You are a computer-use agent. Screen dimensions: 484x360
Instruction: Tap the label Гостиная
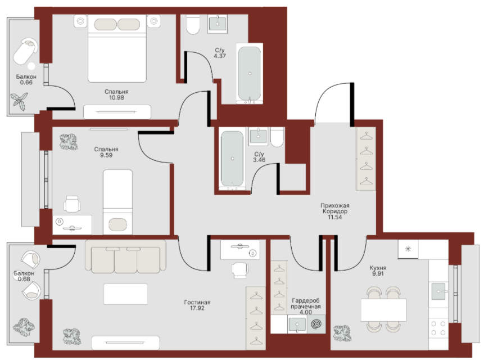click(197, 302)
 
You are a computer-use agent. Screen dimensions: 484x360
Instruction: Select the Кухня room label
click(378, 268)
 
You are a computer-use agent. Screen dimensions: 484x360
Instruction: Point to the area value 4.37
click(220, 56)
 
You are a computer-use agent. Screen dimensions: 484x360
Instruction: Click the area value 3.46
click(259, 160)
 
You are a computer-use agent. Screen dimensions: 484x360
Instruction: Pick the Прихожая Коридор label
click(335, 208)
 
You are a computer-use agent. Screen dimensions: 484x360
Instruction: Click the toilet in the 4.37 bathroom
click(193, 24)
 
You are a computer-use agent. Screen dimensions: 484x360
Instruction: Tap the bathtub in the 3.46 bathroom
click(232, 159)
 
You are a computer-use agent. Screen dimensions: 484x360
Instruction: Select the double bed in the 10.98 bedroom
click(117, 48)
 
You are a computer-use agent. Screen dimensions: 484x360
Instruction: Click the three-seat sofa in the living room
click(125, 256)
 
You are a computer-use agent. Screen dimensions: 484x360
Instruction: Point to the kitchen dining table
click(384, 310)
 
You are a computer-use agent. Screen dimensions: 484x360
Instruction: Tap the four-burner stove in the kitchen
click(438, 328)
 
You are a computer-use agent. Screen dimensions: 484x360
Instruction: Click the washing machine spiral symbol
click(316, 324)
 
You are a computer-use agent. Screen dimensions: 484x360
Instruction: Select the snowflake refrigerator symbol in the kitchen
click(408, 249)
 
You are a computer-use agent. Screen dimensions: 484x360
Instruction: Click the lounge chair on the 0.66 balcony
click(26, 51)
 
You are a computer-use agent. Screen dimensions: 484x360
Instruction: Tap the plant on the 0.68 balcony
click(24, 327)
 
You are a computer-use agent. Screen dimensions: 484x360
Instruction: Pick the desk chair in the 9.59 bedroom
click(72, 204)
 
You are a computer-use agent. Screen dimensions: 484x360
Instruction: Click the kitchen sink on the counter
click(438, 291)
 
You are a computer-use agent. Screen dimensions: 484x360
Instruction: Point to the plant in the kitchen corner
click(342, 333)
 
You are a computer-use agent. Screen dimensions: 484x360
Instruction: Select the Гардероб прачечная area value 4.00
click(306, 312)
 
